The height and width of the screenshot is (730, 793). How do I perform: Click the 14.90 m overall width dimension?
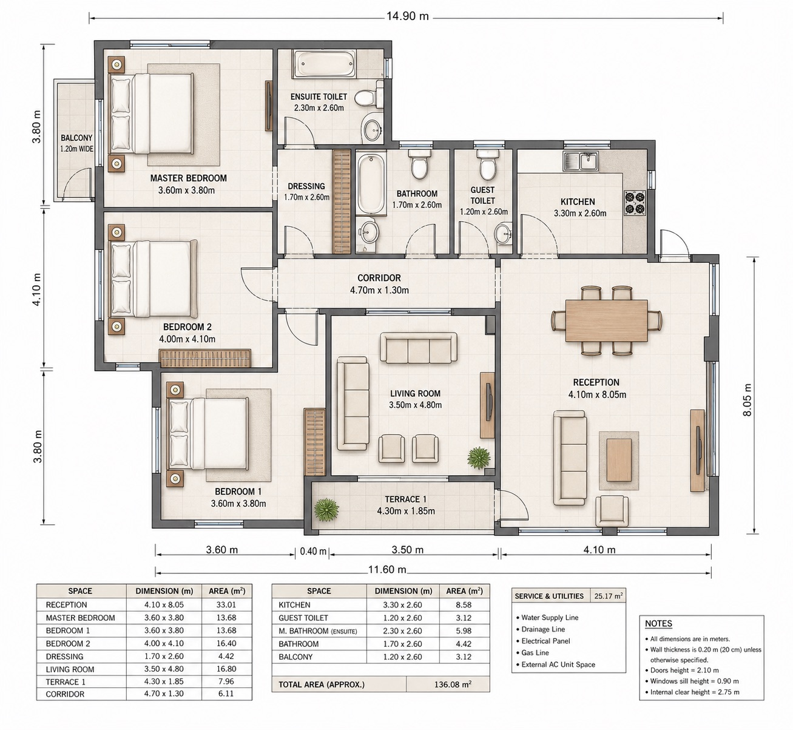[x=407, y=16]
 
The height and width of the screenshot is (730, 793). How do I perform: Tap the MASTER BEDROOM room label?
[x=188, y=178]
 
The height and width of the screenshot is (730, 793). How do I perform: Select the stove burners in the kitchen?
[x=635, y=203]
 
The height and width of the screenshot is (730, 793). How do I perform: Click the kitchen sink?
[x=581, y=161]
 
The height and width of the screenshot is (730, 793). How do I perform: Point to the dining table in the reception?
[x=606, y=321]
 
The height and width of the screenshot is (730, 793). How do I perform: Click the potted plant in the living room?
[x=479, y=458]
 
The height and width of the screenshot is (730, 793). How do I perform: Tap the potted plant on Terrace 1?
[x=326, y=510]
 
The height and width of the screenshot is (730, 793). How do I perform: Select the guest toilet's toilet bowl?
[x=487, y=164]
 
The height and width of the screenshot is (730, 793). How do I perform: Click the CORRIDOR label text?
[x=379, y=278]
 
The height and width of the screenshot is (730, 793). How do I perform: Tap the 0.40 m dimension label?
[x=313, y=551]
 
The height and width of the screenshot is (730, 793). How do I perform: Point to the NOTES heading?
[x=658, y=624]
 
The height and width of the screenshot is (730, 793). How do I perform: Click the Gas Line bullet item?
[x=532, y=652]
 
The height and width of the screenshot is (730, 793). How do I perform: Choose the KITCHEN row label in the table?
[x=294, y=605]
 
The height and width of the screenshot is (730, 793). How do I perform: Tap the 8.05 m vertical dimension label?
[x=747, y=400]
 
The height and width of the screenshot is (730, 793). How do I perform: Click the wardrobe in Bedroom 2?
[x=205, y=358]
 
